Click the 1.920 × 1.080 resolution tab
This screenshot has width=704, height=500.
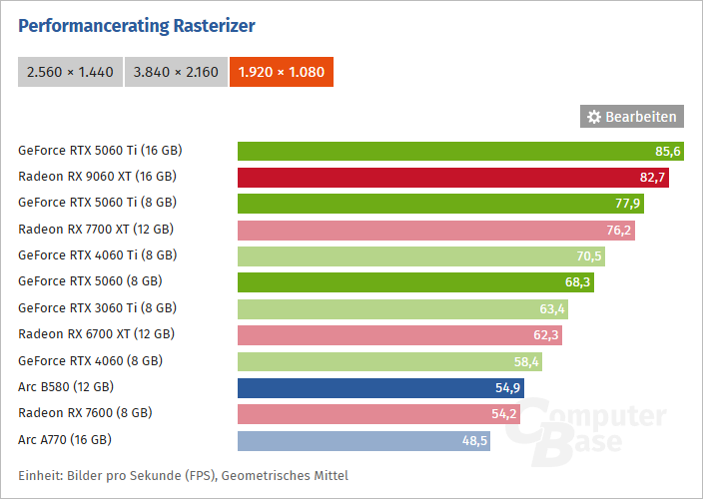point(281,72)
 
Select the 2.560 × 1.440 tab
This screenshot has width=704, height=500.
point(70,72)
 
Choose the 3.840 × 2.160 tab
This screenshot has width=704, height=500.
point(176,72)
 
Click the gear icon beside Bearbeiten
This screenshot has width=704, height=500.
point(594,117)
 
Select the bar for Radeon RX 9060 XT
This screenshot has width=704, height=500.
point(452,178)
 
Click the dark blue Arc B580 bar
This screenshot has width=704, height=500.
point(380,386)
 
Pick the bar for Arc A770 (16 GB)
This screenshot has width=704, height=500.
point(363,439)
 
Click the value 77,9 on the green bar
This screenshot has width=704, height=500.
point(628,204)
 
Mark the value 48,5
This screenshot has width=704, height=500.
point(474,439)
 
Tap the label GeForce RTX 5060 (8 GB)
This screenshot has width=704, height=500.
point(90,281)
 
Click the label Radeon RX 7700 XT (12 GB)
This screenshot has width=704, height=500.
point(97,230)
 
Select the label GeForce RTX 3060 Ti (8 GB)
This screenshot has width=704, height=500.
point(97,307)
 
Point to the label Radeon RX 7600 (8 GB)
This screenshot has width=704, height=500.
point(85,412)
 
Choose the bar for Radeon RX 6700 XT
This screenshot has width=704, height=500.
point(399,334)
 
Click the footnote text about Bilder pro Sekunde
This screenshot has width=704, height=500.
point(183,475)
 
